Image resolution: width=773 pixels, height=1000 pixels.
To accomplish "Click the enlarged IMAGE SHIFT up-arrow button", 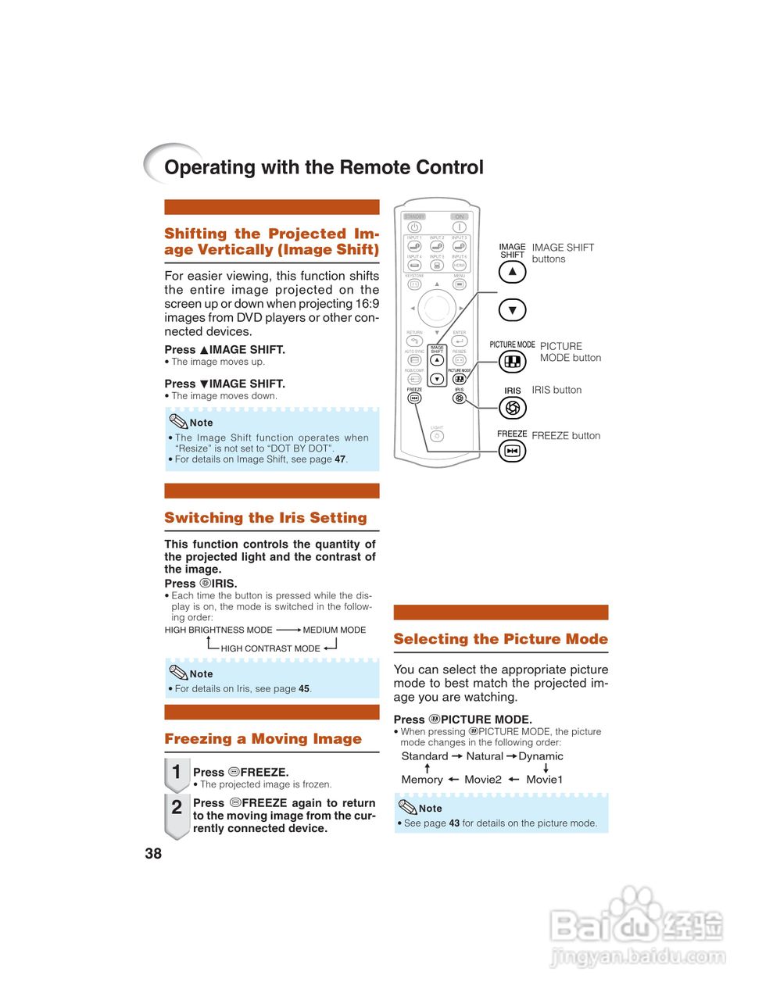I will pos(512,272).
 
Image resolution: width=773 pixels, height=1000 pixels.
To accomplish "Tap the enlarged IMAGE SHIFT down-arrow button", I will pos(512,310).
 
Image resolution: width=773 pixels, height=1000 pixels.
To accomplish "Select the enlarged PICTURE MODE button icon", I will pos(512,362).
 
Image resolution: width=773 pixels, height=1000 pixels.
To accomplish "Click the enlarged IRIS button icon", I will pos(512,407).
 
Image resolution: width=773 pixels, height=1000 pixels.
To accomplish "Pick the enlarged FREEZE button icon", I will pos(512,451).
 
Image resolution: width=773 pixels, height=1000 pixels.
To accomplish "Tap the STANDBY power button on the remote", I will pos(414,227).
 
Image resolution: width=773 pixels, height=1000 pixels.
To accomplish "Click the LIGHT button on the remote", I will pos(437,437).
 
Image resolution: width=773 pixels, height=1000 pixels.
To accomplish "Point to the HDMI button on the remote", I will pos(460,266).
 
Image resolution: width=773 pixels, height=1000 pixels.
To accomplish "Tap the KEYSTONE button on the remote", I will pos(414,284).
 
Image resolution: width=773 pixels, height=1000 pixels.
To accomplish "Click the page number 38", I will pos(153,854).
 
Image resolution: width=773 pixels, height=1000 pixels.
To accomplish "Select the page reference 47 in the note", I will pos(340,459).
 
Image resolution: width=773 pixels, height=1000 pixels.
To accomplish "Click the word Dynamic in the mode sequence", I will pos(541,756).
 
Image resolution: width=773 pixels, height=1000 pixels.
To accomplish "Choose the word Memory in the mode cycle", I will pos(422,780).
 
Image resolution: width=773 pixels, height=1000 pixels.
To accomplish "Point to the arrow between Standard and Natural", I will pos(457,756).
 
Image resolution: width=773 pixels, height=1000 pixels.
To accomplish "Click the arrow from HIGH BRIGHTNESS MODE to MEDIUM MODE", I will pos(288,630).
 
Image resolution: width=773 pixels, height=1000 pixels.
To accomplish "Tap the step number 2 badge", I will pos(177,808).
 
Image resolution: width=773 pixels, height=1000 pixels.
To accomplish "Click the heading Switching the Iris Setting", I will pos(266,518).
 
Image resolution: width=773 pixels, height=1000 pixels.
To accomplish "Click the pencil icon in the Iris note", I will pos(178,672).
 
